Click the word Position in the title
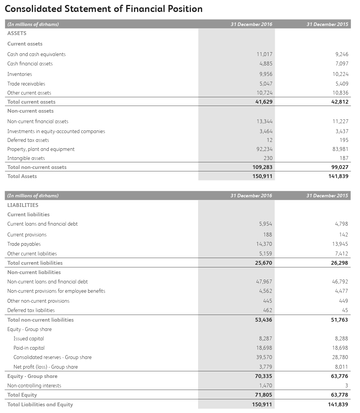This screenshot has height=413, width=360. point(185,9)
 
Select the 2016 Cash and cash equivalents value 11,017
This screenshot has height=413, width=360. point(264,54)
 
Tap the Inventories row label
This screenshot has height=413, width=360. point(20,74)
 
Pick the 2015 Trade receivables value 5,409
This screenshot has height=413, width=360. point(342,84)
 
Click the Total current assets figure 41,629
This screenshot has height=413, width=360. point(264,102)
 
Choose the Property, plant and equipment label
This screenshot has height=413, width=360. point(41,149)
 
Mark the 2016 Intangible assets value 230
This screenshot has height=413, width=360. point(268,158)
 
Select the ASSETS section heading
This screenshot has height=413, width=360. point(17,33)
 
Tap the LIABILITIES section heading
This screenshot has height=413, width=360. point(23,205)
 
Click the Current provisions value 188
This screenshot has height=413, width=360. point(267,235)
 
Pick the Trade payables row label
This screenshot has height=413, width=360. point(24,244)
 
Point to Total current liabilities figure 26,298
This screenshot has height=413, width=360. point(339,263)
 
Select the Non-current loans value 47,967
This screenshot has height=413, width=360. point(264,282)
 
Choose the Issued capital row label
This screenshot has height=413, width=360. point(29,339)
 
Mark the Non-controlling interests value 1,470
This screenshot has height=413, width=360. point(265,386)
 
